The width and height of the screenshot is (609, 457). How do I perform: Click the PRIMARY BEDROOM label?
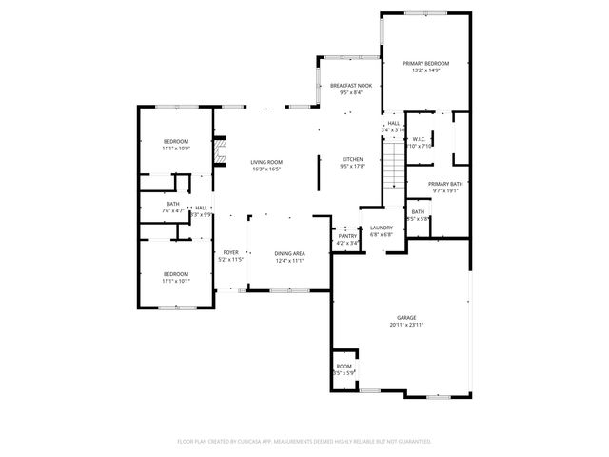click(x=425, y=63)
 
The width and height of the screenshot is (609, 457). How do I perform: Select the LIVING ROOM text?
click(x=266, y=162)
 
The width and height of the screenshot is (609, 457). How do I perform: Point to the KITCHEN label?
click(x=353, y=159)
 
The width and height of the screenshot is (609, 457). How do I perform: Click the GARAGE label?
click(x=406, y=318)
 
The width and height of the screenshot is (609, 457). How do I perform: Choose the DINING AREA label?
click(x=289, y=253)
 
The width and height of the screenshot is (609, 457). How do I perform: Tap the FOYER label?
click(x=231, y=252)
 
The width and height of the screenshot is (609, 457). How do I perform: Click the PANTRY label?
click(x=347, y=236)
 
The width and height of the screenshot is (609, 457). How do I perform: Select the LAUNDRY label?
click(x=382, y=228)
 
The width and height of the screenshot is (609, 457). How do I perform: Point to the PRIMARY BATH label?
click(x=444, y=184)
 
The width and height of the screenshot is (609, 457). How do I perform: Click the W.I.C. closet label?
click(x=420, y=139)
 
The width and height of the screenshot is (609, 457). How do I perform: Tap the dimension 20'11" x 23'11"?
click(x=406, y=326)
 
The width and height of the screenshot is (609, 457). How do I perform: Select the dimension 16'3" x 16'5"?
click(x=266, y=169)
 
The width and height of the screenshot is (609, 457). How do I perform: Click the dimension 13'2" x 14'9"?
click(x=425, y=70)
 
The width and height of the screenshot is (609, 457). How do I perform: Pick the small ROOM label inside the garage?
click(x=344, y=366)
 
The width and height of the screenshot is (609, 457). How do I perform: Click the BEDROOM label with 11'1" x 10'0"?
click(x=176, y=141)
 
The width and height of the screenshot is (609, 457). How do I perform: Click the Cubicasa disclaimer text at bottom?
click(x=304, y=441)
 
